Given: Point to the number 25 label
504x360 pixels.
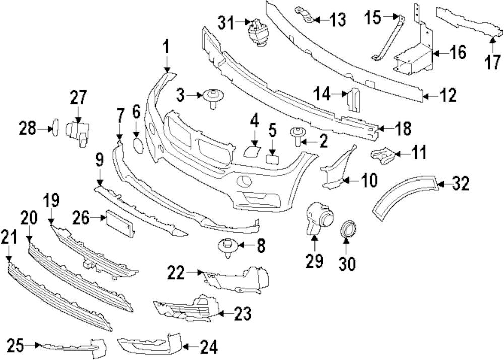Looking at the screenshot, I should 15,346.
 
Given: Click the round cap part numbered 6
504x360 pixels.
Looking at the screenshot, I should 138,144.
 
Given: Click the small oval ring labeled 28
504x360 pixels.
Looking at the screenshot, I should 55,126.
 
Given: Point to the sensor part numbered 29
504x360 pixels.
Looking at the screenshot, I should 316,219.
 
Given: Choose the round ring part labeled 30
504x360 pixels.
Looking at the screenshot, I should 347,231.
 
